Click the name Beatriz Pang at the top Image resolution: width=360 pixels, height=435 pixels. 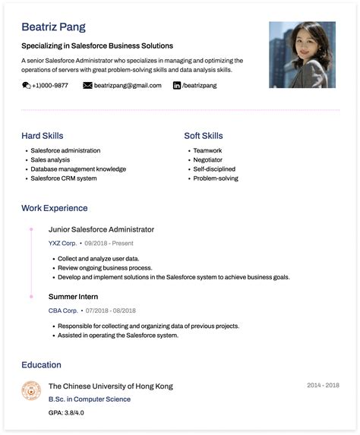point(53,27)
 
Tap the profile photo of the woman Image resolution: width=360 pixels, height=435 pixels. point(302,54)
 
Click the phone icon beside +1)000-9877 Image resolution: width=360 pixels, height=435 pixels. point(27,86)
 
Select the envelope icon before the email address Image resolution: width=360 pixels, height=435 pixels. point(87,86)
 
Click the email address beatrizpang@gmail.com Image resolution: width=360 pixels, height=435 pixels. point(128,86)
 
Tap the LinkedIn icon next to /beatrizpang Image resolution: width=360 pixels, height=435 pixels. point(177,86)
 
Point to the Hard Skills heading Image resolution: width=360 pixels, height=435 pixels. point(43,136)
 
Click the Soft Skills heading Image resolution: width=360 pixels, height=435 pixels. point(204,136)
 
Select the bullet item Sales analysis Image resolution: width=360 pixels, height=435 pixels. point(50,160)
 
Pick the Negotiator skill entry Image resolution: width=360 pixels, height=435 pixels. point(208,160)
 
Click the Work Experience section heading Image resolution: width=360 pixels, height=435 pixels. point(55,208)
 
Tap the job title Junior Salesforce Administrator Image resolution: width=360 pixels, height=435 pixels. point(101,229)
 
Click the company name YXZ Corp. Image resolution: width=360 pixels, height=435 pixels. point(62,244)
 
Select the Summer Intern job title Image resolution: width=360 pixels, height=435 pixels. point(73,297)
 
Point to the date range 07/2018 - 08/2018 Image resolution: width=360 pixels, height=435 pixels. point(111,311)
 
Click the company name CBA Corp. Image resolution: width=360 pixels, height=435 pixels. point(63,311)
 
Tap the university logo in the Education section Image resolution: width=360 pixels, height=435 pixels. point(31,391)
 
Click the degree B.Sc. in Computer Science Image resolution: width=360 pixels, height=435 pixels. point(90,399)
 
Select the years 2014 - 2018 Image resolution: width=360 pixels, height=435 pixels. point(323,386)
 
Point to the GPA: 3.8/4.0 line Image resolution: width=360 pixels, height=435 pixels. point(66,413)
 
